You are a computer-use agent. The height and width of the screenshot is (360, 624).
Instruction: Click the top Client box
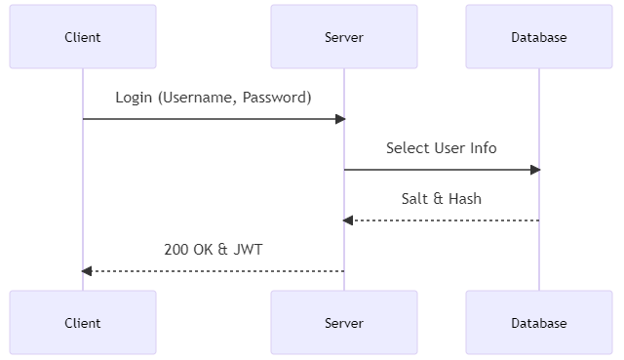[83, 37]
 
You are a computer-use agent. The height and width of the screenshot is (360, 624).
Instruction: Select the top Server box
[344, 37]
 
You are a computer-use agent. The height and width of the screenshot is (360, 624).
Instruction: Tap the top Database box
[539, 37]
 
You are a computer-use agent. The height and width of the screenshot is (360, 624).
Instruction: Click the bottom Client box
[83, 322]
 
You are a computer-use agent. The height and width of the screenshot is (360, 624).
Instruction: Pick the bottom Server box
[344, 322]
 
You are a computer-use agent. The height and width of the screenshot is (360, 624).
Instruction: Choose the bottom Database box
[539, 322]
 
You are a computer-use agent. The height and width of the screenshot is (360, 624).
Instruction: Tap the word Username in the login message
[200, 98]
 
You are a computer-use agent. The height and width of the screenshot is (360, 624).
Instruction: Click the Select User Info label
[441, 148]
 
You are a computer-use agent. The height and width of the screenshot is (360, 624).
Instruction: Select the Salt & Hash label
[441, 199]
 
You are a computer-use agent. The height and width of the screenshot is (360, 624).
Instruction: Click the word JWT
[248, 250]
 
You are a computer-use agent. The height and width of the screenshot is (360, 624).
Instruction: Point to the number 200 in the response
[176, 250]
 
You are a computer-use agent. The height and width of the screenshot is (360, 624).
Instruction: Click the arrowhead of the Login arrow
[340, 119]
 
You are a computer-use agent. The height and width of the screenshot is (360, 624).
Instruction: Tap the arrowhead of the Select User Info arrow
[535, 170]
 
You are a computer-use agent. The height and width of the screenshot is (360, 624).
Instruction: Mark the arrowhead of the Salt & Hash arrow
[348, 220]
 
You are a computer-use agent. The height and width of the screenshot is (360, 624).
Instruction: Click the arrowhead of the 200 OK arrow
[87, 271]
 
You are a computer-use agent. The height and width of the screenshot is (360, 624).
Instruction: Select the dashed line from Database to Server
[448, 220]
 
